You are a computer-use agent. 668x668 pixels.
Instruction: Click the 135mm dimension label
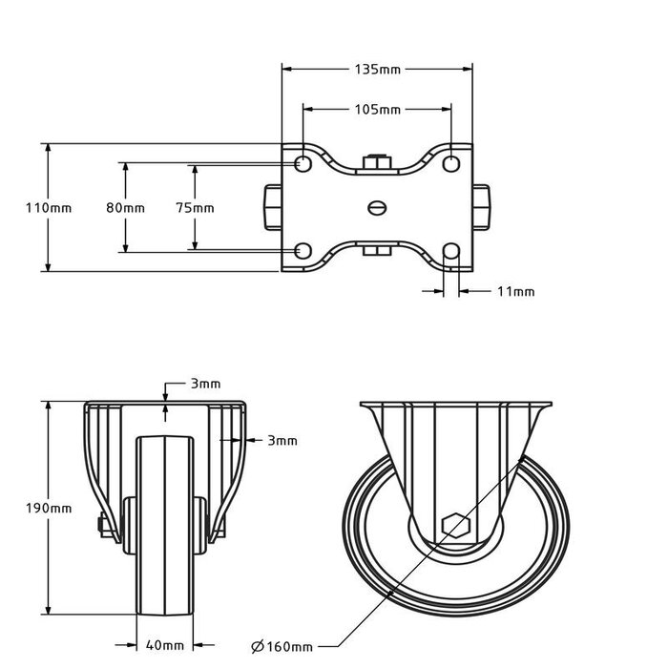377,70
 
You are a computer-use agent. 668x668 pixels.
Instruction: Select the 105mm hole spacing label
377,110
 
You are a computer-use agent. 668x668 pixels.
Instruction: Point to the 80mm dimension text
125,207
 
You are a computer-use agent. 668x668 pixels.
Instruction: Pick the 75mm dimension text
195,207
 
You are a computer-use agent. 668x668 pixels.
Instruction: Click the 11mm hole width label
516,291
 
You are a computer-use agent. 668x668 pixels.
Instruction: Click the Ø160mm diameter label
282,645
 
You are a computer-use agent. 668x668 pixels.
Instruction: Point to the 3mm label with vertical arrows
204,384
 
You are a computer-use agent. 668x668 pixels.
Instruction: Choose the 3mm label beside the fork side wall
282,441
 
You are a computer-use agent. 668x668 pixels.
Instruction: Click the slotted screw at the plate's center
378,206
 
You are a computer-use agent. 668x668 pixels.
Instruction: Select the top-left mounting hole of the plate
302,163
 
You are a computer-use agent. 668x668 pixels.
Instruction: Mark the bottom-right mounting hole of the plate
452,251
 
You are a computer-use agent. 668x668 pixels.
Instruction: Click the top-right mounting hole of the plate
452,163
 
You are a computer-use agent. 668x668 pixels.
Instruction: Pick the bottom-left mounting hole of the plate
302,251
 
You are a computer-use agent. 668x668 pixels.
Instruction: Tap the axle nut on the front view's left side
99,525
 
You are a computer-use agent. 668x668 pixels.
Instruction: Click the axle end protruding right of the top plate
483,206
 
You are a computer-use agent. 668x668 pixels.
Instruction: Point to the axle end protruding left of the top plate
271,206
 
